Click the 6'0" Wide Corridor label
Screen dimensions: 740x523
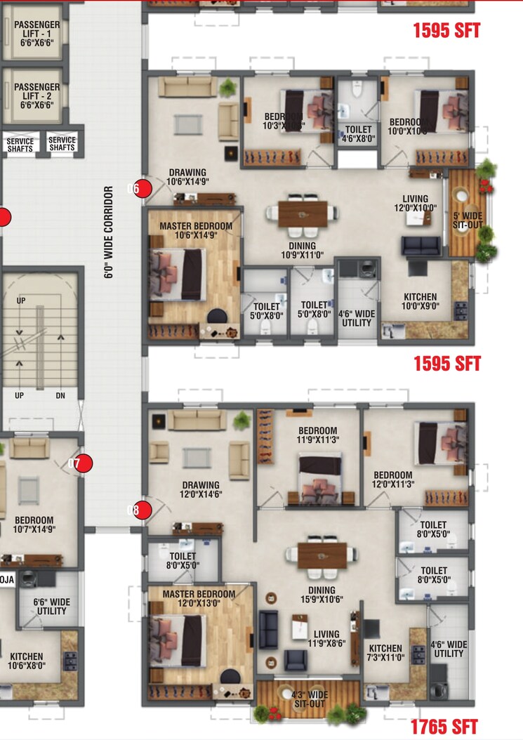click(x=108, y=232)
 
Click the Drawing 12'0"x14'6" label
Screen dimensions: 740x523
click(x=201, y=489)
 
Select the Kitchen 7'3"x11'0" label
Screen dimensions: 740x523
click(x=385, y=654)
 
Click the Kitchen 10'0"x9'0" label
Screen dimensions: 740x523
click(x=420, y=301)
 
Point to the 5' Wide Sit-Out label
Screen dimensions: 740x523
click(x=466, y=220)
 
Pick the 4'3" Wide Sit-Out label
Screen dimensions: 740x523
click(x=309, y=699)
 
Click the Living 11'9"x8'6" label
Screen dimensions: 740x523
click(x=326, y=639)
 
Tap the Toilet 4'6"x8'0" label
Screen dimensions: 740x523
click(x=359, y=134)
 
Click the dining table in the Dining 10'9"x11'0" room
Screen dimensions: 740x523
click(x=303, y=214)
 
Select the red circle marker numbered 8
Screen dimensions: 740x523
click(x=143, y=510)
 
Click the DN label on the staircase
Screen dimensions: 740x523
click(x=60, y=395)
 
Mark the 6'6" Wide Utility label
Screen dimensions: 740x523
click(x=51, y=607)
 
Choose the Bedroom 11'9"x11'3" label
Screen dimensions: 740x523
click(x=317, y=435)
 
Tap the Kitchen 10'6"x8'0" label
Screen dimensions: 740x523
click(x=26, y=661)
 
